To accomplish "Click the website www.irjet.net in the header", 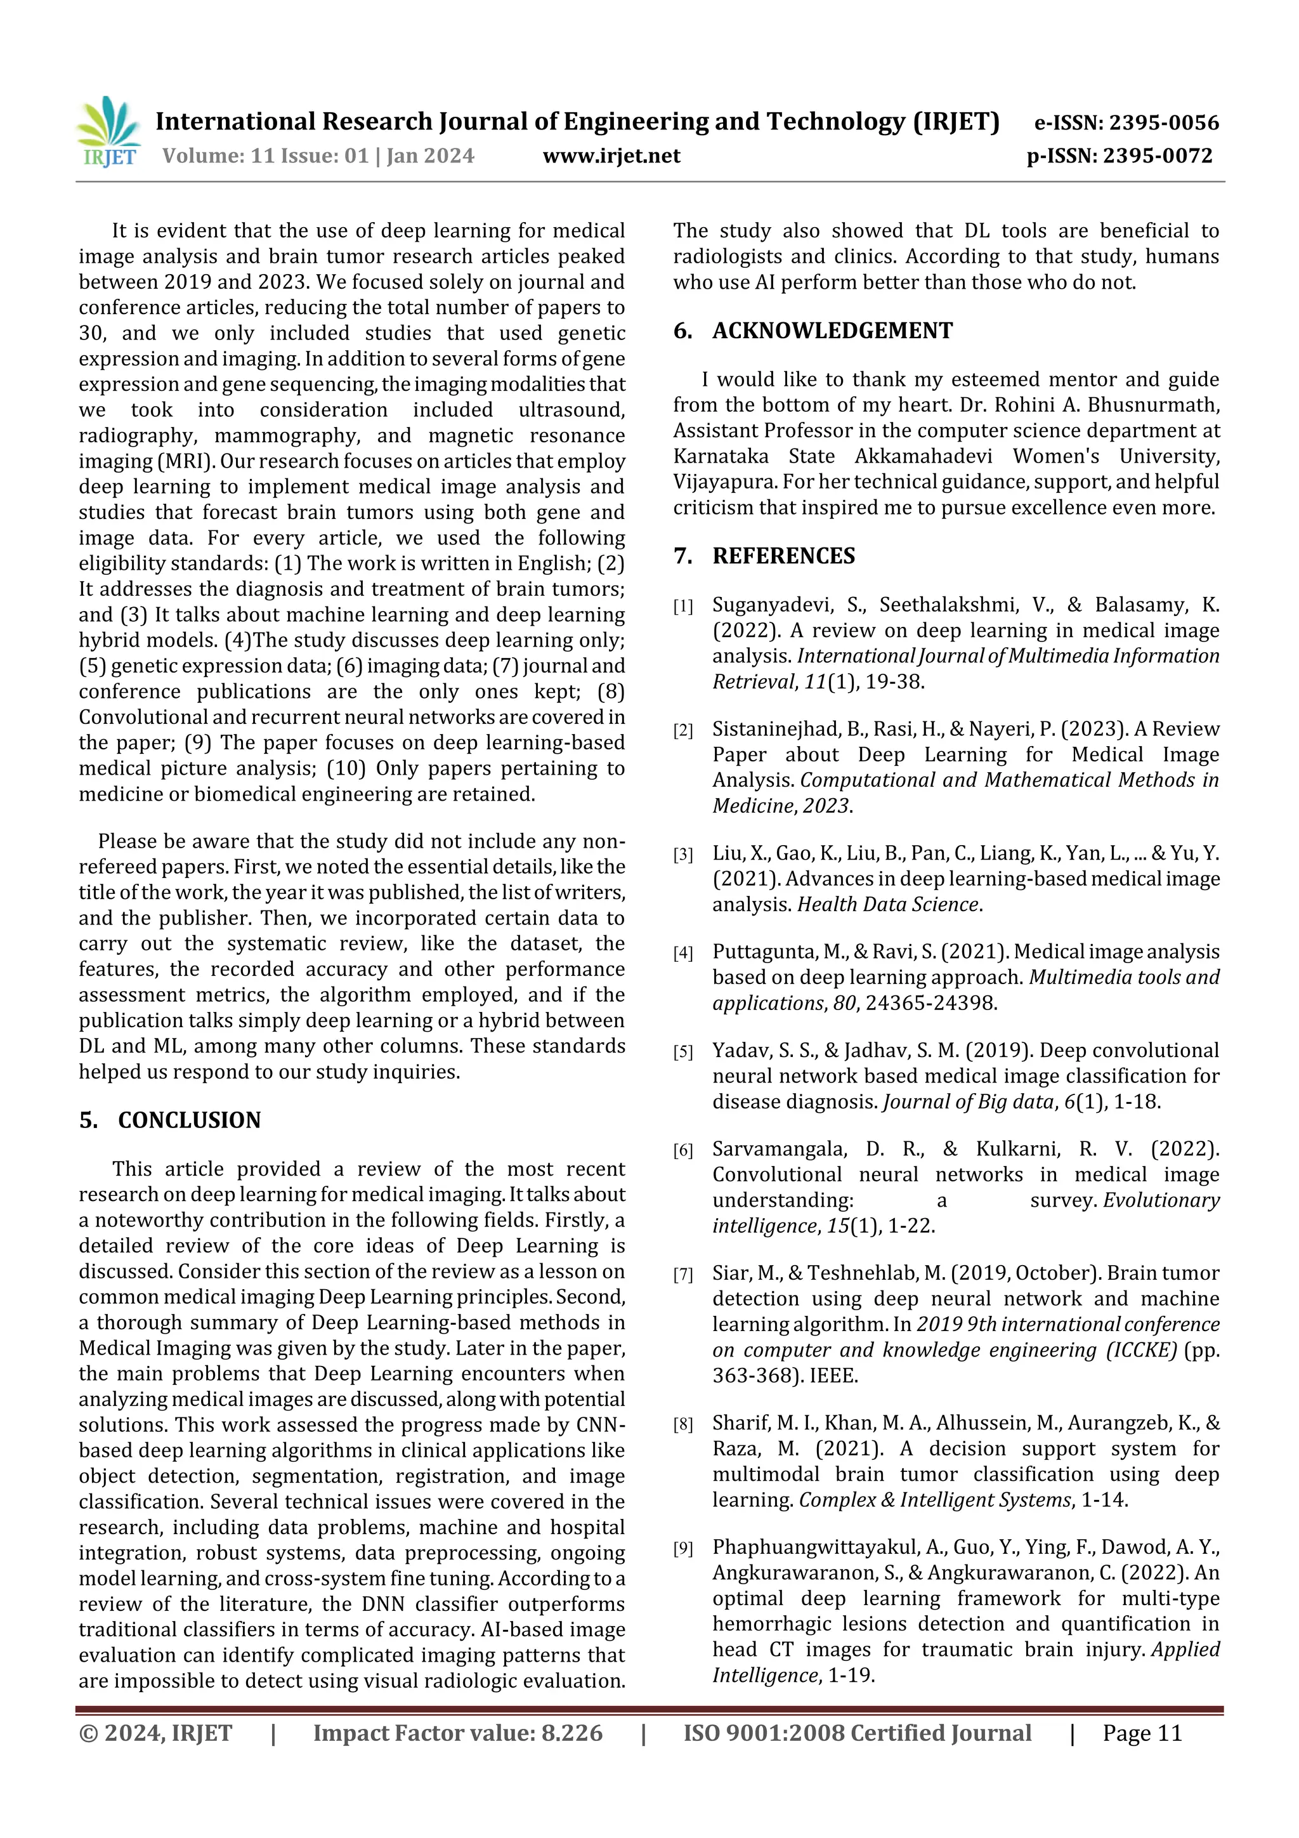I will [611, 155].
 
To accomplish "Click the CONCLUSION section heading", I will [189, 1120].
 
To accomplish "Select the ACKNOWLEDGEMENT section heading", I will [832, 331].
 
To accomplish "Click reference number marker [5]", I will [682, 1053].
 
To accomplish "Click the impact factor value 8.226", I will [571, 1733].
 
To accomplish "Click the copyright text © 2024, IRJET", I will [155, 1733].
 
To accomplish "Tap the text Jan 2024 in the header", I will [430, 155].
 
